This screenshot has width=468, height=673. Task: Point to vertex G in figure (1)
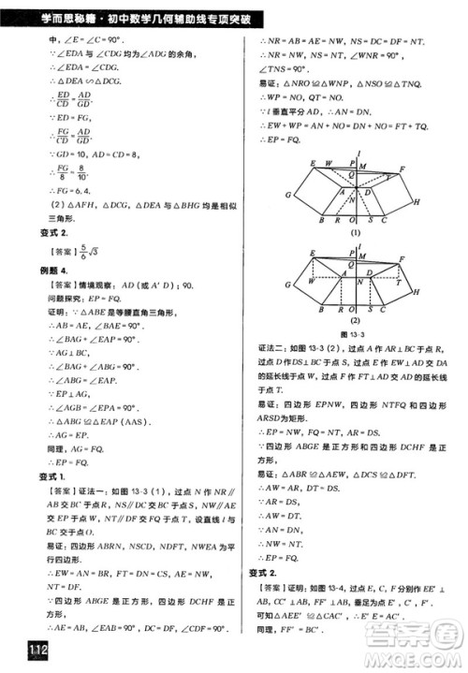point(289,194)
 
